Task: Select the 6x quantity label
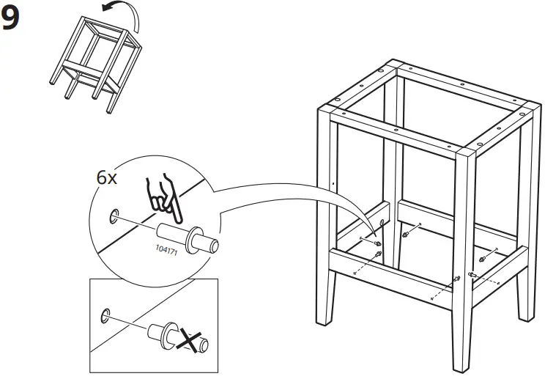click(x=107, y=178)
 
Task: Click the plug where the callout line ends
click(x=377, y=242)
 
